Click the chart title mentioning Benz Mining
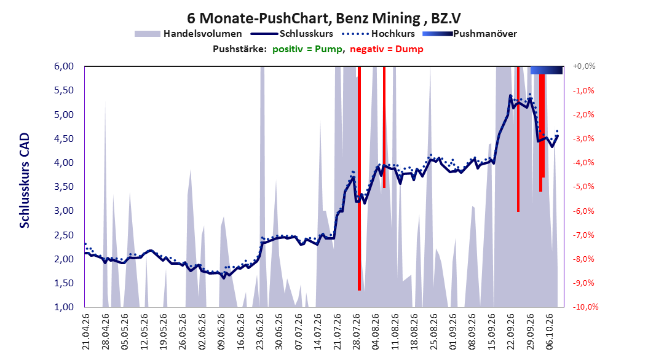click(x=324, y=18)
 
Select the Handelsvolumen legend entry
click(x=188, y=34)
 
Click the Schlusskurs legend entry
click(x=292, y=34)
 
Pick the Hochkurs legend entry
click(x=378, y=34)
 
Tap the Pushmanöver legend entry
click(x=470, y=34)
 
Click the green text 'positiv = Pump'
click(x=307, y=49)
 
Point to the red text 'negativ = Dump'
click(x=387, y=49)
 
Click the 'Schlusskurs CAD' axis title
click(x=25, y=181)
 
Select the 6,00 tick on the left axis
click(x=64, y=66)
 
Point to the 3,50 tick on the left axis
click(x=64, y=187)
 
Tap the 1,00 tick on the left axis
click(x=64, y=307)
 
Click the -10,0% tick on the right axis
click(x=585, y=307)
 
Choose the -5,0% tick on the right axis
click(x=583, y=187)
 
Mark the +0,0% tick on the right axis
click(x=584, y=66)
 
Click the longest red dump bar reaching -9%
click(x=359, y=178)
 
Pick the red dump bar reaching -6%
click(x=518, y=139)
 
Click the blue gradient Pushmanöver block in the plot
click(x=547, y=70)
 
